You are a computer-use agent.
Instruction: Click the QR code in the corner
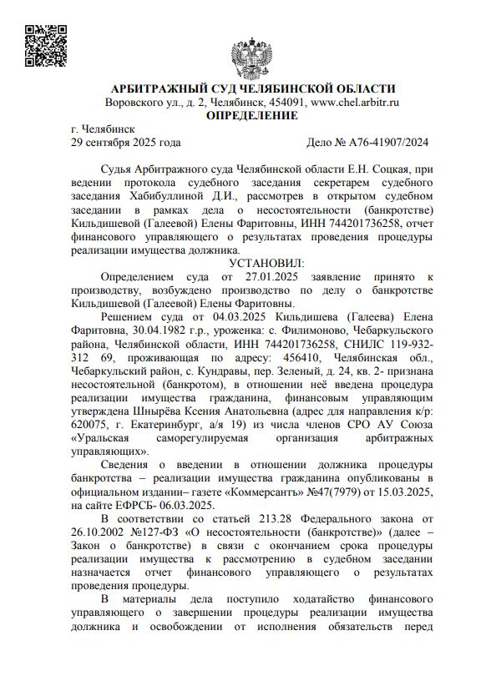(42, 47)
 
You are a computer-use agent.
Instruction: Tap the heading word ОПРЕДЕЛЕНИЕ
(251, 115)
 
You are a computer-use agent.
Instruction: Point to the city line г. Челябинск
(103, 129)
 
